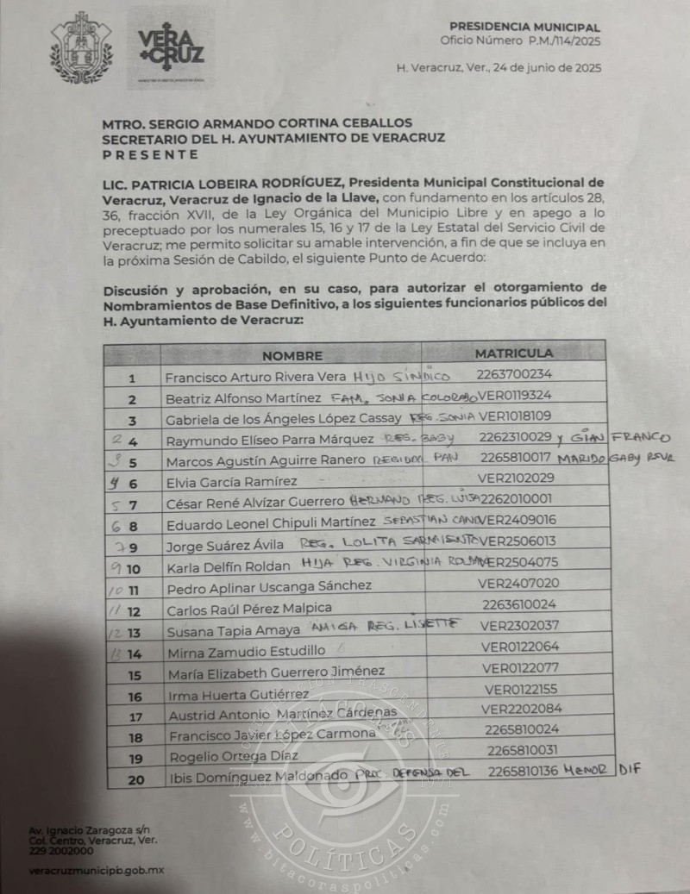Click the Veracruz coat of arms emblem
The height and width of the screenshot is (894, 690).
(x=82, y=47)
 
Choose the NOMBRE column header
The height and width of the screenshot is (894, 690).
(x=292, y=355)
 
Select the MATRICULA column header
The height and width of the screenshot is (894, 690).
(x=513, y=353)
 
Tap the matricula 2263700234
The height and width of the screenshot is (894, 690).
(x=513, y=374)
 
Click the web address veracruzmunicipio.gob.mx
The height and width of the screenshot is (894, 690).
(x=96, y=870)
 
